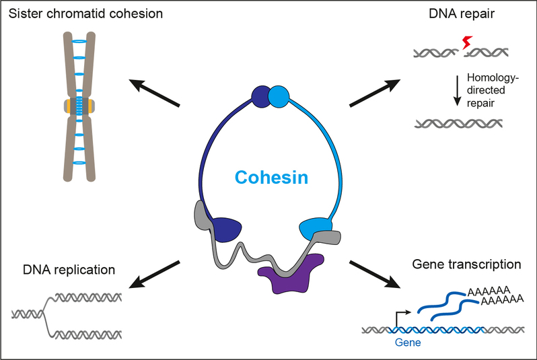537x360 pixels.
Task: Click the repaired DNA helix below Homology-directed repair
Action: point(458,123)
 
